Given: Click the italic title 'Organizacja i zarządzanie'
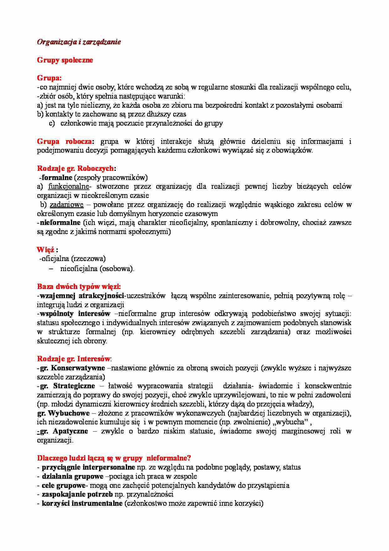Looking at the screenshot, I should [x=79, y=42].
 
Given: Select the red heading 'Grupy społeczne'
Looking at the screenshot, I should [x=65, y=60].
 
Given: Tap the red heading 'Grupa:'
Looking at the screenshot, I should [x=49, y=78].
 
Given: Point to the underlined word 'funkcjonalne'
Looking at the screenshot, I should [x=68, y=187].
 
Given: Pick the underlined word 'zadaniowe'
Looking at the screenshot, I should [x=67, y=205].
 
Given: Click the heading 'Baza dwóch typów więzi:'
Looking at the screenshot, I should [x=79, y=286].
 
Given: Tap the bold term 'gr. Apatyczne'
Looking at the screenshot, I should [x=64, y=431].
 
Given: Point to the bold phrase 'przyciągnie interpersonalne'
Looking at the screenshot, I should [x=88, y=467].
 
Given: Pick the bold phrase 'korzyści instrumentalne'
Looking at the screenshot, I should [x=82, y=504].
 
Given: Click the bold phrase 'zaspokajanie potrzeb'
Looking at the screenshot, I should [x=77, y=494].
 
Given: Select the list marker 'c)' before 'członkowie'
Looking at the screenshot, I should [x=52, y=123].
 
